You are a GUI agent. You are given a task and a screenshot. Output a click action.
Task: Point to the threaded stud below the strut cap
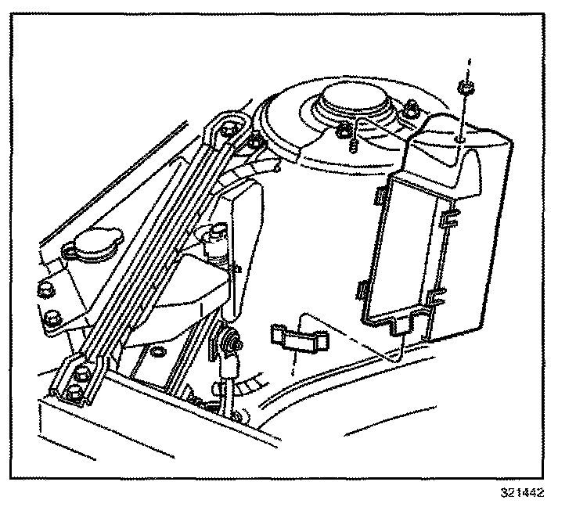[x=354, y=144]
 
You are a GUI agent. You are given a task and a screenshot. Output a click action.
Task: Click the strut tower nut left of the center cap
[x=344, y=131]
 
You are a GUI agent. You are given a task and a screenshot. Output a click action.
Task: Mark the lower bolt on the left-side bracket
[x=52, y=318]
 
